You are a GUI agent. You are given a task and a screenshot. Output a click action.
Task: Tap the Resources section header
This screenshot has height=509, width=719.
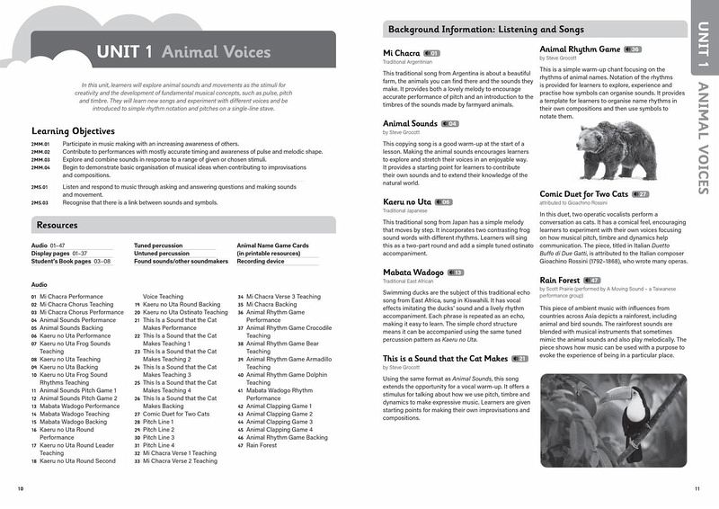coord(57,225)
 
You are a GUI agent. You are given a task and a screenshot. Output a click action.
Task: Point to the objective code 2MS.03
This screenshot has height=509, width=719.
coord(40,203)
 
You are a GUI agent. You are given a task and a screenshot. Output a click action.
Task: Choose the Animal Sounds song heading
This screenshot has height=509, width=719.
coord(410,123)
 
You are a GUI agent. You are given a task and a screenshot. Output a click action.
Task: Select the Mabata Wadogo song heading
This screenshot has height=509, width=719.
coord(413,272)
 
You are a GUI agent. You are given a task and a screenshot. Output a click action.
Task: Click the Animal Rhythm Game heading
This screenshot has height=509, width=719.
coord(580,49)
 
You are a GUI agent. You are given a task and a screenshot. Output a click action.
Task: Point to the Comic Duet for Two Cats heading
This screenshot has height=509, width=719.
coord(583,193)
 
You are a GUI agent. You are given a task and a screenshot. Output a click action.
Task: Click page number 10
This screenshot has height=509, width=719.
coord(21,488)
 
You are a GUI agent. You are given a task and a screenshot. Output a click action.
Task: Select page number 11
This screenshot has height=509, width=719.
coord(697,488)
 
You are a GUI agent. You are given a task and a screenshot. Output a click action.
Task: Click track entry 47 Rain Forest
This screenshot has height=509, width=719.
coord(258,445)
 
